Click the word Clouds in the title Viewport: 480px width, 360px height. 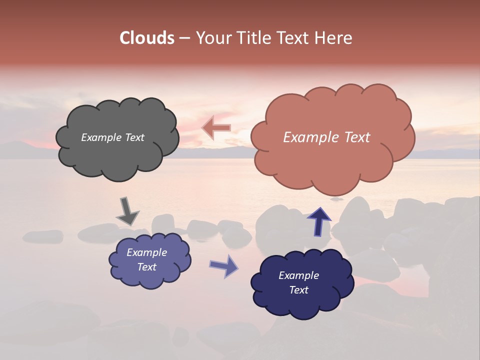pos(147,38)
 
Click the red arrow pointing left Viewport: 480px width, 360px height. pos(216,128)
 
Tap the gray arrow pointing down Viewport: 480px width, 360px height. pos(127,211)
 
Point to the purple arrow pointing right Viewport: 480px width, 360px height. pos(224,265)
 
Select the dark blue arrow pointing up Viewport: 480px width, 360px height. pos(319,220)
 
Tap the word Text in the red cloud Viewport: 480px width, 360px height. pos(354,137)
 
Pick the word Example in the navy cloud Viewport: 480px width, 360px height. pos(298,275)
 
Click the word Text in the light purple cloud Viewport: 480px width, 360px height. pos(147,267)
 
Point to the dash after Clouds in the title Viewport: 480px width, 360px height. pos(184,38)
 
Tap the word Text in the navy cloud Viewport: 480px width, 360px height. pos(298,290)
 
